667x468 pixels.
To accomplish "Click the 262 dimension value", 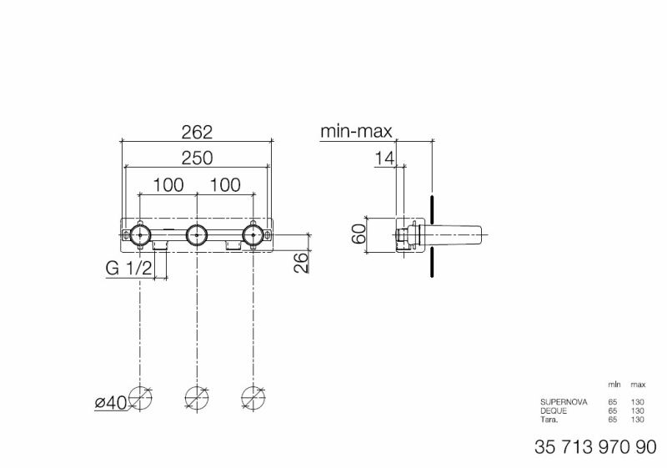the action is click(x=197, y=133).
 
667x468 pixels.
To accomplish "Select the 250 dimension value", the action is click(x=197, y=158).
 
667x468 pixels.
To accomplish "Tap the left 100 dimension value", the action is click(x=168, y=185).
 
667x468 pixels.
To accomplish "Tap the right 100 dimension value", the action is click(x=225, y=185).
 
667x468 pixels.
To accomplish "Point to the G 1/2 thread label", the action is click(x=128, y=269).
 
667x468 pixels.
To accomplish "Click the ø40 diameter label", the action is click(x=111, y=402).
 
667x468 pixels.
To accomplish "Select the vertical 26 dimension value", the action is click(x=301, y=263).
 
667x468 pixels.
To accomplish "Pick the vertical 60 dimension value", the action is click(x=359, y=234).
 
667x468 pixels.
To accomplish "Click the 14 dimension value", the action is click(x=384, y=159).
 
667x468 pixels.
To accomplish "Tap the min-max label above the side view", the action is click(x=356, y=132).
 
